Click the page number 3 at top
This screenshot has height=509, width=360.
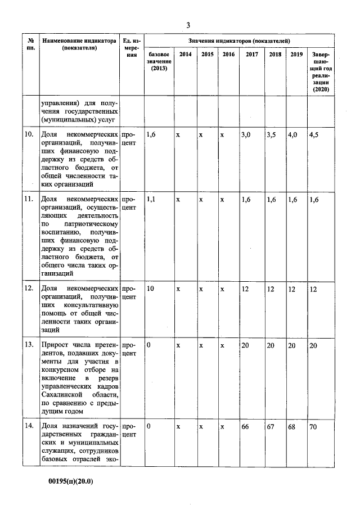click(x=188, y=25)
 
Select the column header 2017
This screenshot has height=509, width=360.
click(x=251, y=55)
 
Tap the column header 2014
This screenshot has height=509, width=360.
click(x=184, y=55)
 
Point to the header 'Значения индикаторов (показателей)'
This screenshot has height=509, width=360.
click(x=239, y=41)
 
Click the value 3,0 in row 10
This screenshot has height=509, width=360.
click(x=246, y=135)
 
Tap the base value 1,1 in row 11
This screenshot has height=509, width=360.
click(x=151, y=200)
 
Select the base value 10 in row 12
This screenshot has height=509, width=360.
click(x=150, y=289)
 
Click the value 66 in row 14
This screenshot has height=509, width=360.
click(x=245, y=426)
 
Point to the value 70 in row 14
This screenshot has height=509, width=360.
click(x=313, y=426)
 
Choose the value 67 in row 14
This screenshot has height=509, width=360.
click(x=271, y=426)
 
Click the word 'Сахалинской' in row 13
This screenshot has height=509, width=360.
click(x=64, y=395)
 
